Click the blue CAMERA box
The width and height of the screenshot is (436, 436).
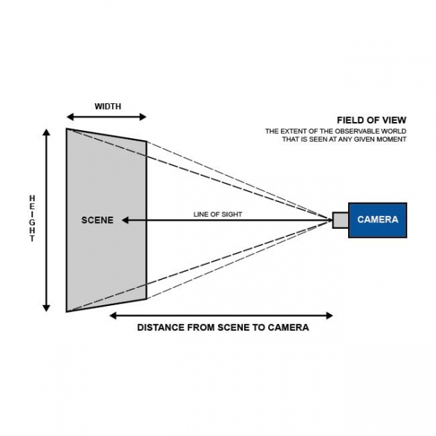click(378, 219)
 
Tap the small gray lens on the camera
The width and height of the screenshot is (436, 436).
click(341, 219)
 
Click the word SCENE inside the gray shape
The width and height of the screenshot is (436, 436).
click(97, 219)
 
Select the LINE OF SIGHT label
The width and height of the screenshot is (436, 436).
click(218, 214)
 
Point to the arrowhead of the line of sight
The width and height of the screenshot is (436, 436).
click(124, 219)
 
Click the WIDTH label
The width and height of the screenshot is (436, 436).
click(108, 106)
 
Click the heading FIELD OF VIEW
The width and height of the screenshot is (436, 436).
click(371, 120)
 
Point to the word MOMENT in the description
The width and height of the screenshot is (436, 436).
click(393, 139)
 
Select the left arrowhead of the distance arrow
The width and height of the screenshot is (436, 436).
click(113, 315)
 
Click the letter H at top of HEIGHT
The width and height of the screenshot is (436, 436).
click(32, 197)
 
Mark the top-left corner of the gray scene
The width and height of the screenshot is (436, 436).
click(67, 129)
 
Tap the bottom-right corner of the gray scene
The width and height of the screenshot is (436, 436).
click(146, 298)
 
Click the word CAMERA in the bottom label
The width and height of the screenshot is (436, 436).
click(288, 328)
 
